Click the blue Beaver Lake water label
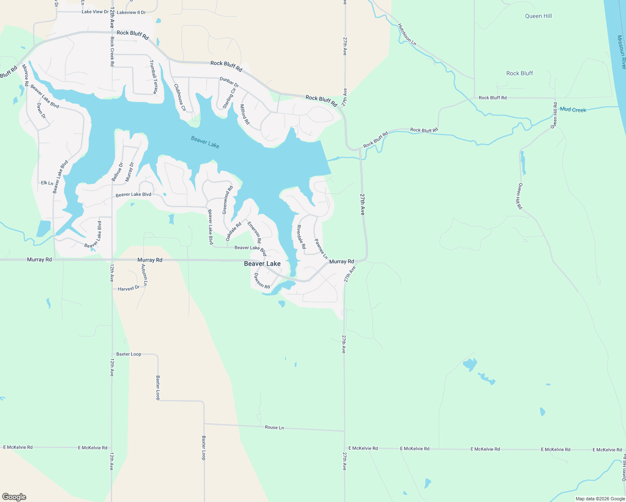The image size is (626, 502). coord(205,142)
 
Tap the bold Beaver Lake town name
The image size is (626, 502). coord(262,264)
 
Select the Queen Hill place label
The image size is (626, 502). coord(538,16)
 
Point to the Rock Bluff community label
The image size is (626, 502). coord(519,73)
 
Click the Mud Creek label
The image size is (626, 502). coord(573,110)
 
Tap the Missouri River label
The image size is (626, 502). coord(621,52)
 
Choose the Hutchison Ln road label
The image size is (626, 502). coord(407,34)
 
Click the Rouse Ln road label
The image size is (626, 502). coord(274,428)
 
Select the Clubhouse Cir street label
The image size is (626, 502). coord(180,97)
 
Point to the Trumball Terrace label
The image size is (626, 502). coord(154,77)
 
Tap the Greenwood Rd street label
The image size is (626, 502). coord(227,200)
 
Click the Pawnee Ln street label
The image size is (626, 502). coord(321,249)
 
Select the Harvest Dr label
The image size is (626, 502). coord(128,288)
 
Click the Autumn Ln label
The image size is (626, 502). coord(144,274)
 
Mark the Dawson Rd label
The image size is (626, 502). coord(262,281)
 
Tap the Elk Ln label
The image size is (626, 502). coord(47,183)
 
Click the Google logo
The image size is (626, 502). coord(14,497)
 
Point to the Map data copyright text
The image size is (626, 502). coord(600,499)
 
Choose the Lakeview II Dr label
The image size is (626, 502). coord(131,13)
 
